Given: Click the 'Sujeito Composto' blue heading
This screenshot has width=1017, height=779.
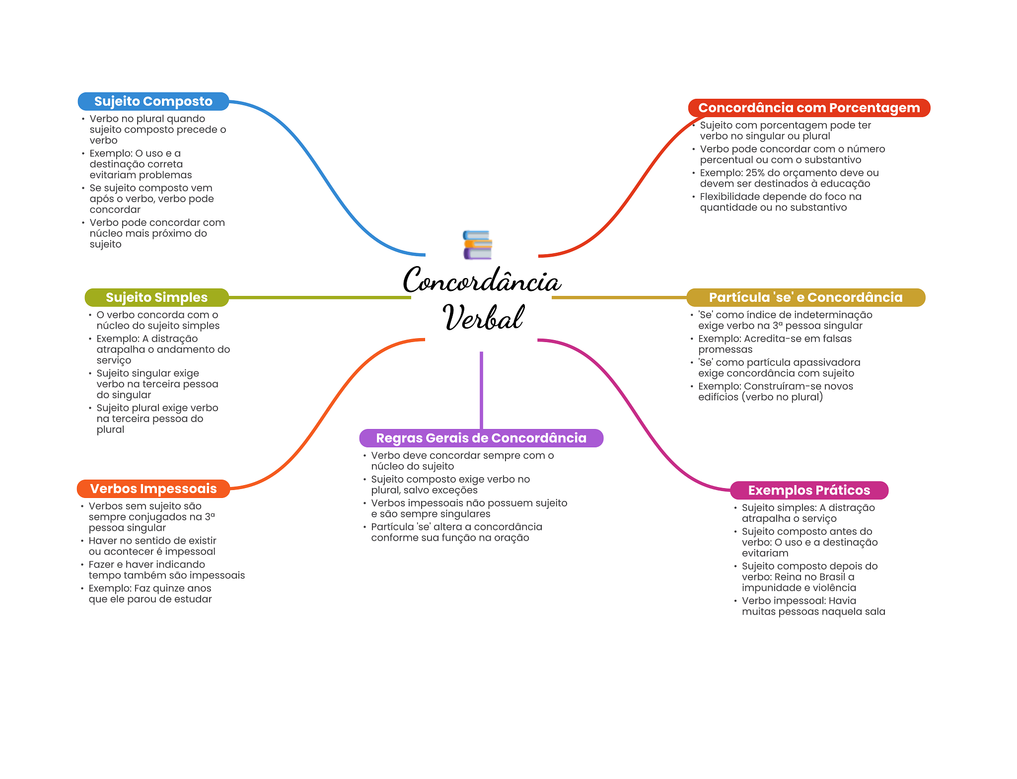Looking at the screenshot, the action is tap(153, 101).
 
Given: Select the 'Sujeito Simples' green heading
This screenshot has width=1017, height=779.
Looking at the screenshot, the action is tap(156, 297).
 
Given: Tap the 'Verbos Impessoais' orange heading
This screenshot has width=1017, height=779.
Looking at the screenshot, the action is tap(153, 489).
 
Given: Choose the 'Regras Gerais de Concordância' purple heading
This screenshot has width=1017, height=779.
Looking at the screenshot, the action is tap(481, 438).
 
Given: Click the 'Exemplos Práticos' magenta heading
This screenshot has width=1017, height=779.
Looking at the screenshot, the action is tap(808, 490).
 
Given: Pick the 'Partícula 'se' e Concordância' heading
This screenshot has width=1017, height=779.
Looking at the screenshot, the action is tap(805, 297).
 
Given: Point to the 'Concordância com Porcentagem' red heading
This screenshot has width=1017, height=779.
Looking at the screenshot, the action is tap(808, 108).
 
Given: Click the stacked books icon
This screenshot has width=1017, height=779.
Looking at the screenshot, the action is tap(477, 245).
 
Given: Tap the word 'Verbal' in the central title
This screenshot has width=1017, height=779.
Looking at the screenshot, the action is tap(483, 318).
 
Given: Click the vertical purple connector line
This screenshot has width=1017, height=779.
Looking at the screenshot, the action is tap(481, 390).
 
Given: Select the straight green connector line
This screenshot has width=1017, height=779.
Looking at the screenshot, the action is tap(320, 297).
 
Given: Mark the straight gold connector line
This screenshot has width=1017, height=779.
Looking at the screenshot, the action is tap(619, 297).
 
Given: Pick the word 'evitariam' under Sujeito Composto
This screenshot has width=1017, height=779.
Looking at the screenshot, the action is tap(112, 175).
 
